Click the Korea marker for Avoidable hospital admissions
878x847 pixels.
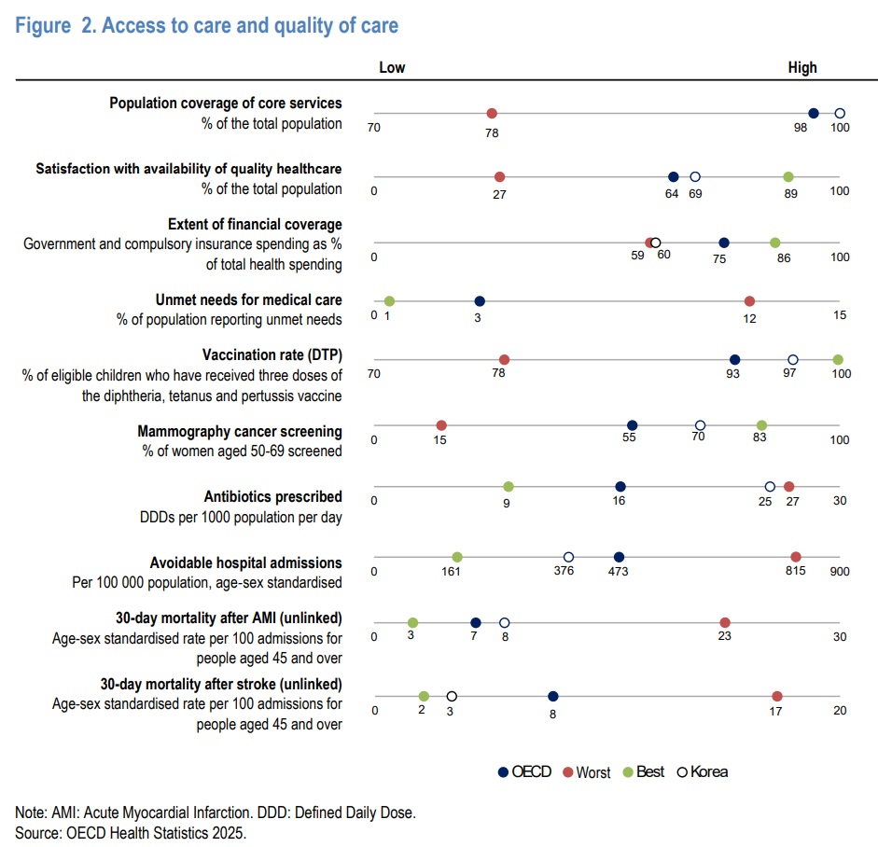tap(568, 557)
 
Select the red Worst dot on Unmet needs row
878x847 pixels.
tap(749, 301)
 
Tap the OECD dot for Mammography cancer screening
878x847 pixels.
tap(632, 425)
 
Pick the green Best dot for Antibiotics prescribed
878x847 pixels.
tap(509, 486)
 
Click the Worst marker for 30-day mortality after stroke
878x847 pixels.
tap(777, 696)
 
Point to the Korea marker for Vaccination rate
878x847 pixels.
tap(793, 359)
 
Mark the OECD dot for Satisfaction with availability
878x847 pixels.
tap(674, 176)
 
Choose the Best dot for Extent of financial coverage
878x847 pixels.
tap(774, 243)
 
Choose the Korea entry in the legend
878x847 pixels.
tap(701, 771)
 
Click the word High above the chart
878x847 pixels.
tap(801, 67)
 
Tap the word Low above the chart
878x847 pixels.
tap(392, 67)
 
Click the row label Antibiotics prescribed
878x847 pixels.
tap(272, 496)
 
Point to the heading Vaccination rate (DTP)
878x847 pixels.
tap(272, 356)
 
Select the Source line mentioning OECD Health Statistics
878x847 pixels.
tap(131, 831)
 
